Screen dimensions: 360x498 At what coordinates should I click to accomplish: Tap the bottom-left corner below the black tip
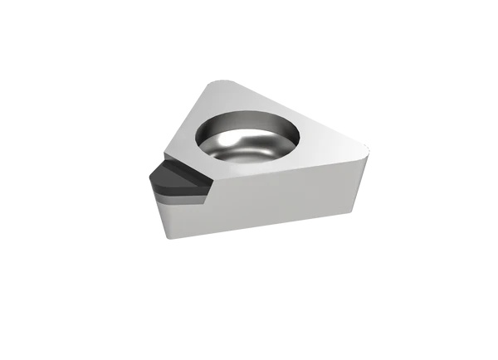point(166,236)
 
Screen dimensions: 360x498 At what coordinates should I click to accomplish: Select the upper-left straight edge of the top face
point(187,116)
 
